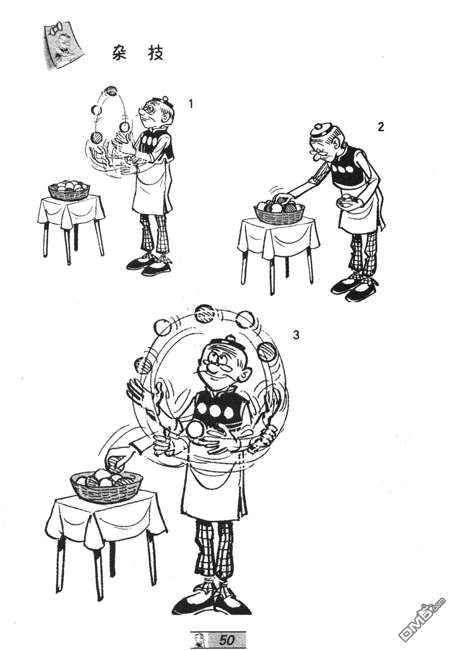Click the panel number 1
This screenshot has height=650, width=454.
tap(191, 104)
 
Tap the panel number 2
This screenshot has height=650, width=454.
tap(381, 127)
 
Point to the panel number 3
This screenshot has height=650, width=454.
tap(296, 335)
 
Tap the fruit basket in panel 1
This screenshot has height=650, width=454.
tap(69, 191)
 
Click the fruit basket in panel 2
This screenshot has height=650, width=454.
tap(280, 210)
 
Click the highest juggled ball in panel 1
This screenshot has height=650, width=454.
tap(111, 90)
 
